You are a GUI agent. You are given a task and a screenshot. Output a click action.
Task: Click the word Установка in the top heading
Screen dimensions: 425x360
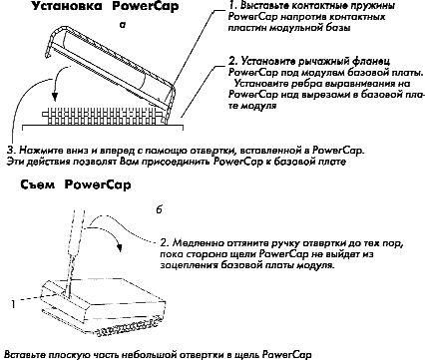point(67,6)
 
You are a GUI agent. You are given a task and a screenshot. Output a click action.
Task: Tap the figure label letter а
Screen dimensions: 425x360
point(123,25)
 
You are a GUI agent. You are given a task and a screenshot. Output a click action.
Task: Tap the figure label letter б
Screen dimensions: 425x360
point(160,209)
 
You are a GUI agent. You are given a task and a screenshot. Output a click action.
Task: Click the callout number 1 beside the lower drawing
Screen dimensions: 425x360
point(13,303)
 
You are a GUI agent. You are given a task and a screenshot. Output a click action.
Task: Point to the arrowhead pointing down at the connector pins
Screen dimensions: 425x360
point(55,97)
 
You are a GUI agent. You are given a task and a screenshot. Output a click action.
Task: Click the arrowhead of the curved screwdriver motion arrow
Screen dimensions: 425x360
point(119,247)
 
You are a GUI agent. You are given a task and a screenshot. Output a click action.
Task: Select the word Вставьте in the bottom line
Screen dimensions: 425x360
point(25,354)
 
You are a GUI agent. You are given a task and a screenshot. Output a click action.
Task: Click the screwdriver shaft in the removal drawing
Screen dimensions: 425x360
point(75,251)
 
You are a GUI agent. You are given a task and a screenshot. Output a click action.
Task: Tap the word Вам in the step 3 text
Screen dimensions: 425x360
point(125,162)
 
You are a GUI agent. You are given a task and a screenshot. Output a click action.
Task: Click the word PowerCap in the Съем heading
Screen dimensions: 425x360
point(98,184)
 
